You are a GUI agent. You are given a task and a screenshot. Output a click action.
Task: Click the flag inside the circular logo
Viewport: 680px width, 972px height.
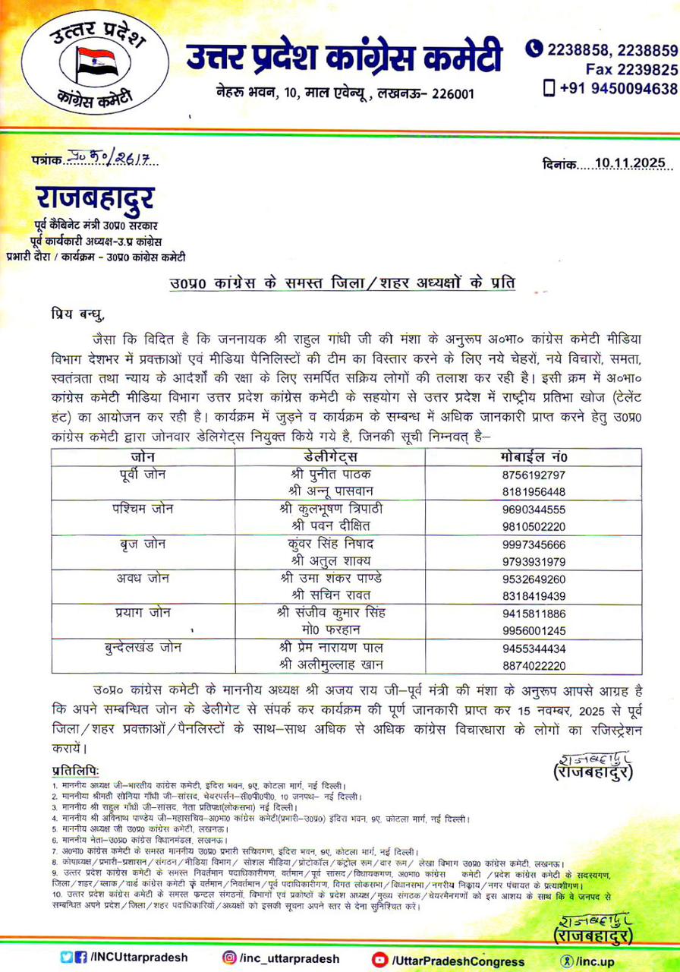coord(96,64)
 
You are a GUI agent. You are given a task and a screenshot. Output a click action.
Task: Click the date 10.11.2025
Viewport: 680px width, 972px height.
coord(629,163)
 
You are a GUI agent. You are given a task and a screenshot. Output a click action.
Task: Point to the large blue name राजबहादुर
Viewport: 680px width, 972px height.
coord(95,199)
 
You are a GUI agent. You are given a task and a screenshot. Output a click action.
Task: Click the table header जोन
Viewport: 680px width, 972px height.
coord(142,457)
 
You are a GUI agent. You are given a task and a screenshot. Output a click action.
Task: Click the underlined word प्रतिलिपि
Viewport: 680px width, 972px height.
coord(75,770)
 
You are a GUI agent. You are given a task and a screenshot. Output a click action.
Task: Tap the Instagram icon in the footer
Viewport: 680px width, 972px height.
coord(229,958)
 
